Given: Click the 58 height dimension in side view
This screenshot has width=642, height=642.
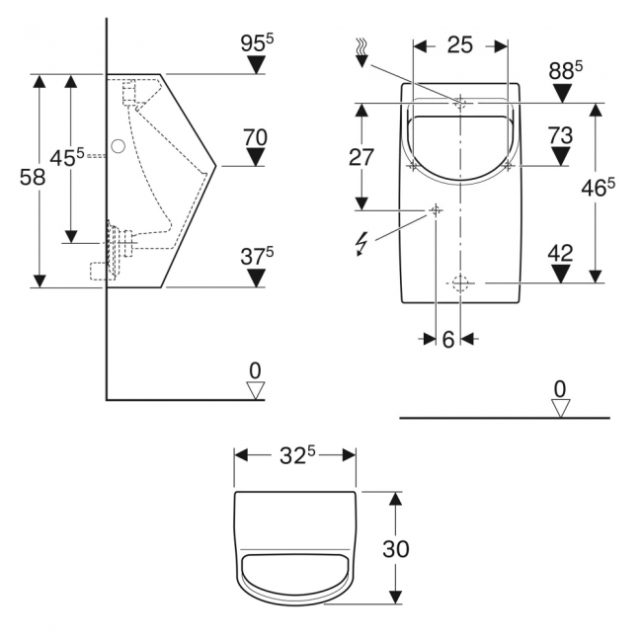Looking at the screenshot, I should point(32,177).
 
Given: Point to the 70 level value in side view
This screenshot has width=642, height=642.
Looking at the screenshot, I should point(256,137).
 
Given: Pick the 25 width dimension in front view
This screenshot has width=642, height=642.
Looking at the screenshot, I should point(459,44).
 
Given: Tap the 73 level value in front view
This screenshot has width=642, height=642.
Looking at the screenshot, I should point(561,133).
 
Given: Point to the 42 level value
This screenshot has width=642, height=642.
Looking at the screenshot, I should point(560,252).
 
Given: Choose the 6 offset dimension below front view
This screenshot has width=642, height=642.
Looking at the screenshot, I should point(447,339).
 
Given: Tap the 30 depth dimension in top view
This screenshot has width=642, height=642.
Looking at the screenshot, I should point(423,548).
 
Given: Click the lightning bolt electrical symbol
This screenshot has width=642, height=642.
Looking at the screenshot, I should point(361,242).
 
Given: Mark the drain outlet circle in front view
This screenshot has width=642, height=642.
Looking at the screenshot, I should point(459,282).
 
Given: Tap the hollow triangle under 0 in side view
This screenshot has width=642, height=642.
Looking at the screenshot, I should point(256,390).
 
